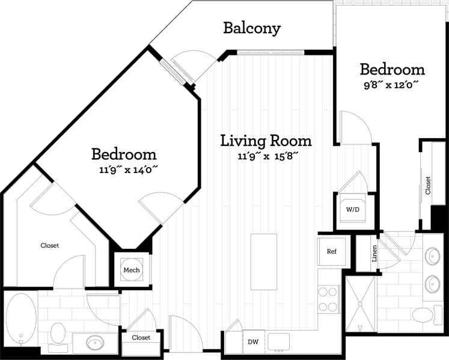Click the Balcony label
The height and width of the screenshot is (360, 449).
click(252, 28)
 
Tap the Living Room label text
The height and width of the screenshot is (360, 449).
click(266, 141)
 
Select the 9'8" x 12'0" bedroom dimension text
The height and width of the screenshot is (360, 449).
click(391, 85)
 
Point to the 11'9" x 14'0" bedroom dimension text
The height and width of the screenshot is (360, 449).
click(128, 170)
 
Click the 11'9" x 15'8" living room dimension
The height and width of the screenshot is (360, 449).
click(266, 157)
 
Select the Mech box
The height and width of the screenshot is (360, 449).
click(131, 270)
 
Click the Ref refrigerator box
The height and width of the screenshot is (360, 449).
click(331, 251)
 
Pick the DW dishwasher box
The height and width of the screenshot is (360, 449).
click(252, 341)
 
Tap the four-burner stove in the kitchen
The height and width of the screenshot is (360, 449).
click(328, 299)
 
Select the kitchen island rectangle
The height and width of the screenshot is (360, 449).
click(264, 262)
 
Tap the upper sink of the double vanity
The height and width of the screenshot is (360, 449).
click(433, 257)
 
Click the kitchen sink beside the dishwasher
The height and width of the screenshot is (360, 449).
click(278, 341)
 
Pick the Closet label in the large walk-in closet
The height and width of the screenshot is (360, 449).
click(49, 245)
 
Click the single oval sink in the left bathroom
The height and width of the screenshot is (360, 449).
click(96, 343)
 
